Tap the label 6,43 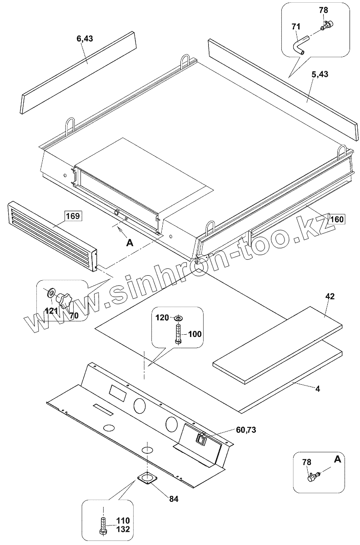coord(85,39)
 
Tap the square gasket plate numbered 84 coord(147,477)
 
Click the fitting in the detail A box coord(313,475)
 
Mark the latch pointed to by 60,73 coord(201,438)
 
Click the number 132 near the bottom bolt coord(123,529)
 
